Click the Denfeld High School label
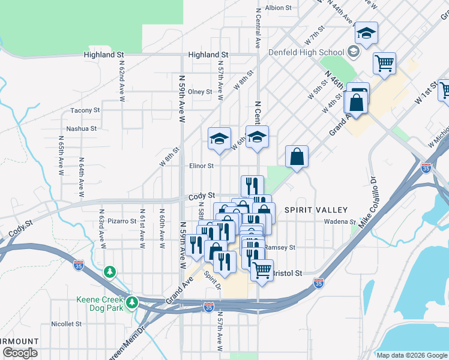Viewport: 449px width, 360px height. (x=306, y=52)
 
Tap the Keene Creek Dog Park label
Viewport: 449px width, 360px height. (x=100, y=304)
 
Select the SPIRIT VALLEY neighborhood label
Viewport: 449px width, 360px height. (x=316, y=210)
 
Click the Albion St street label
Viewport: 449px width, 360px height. (x=278, y=8)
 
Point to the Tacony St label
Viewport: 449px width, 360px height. (x=85, y=110)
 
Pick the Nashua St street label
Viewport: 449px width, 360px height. (x=81, y=128)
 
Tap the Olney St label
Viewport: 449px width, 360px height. (x=200, y=92)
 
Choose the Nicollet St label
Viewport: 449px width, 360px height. (x=66, y=323)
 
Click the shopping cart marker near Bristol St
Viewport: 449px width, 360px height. (x=262, y=270)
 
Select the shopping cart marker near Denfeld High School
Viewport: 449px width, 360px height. (x=384, y=62)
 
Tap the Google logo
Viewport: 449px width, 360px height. (x=20, y=353)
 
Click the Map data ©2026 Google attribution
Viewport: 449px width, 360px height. (x=412, y=355)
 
